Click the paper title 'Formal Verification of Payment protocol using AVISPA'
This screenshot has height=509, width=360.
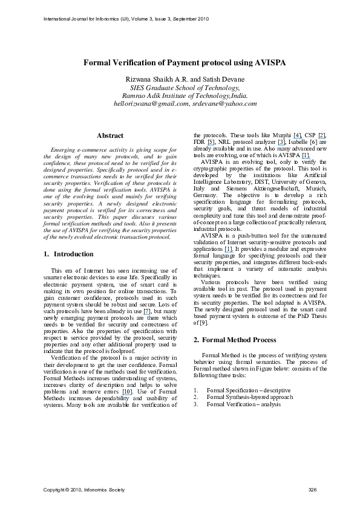point(185,63)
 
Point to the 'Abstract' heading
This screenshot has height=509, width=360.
point(110,136)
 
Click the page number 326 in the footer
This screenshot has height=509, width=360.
point(312,489)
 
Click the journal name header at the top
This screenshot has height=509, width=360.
point(126,19)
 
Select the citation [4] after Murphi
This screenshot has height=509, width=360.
point(297,134)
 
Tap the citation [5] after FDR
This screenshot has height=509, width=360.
point(210,141)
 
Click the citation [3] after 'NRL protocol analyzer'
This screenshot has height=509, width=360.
point(281,141)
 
